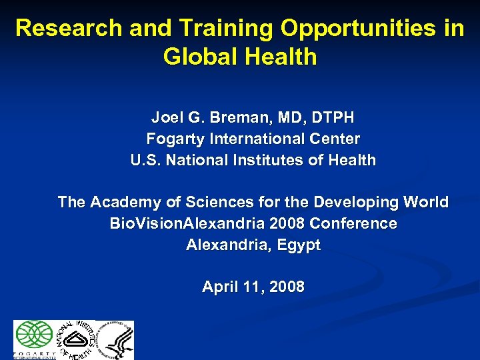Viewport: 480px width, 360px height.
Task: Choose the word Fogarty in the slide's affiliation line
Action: (x=175, y=139)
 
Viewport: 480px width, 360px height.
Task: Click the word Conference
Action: (x=353, y=223)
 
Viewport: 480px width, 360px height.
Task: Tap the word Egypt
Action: (x=299, y=245)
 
